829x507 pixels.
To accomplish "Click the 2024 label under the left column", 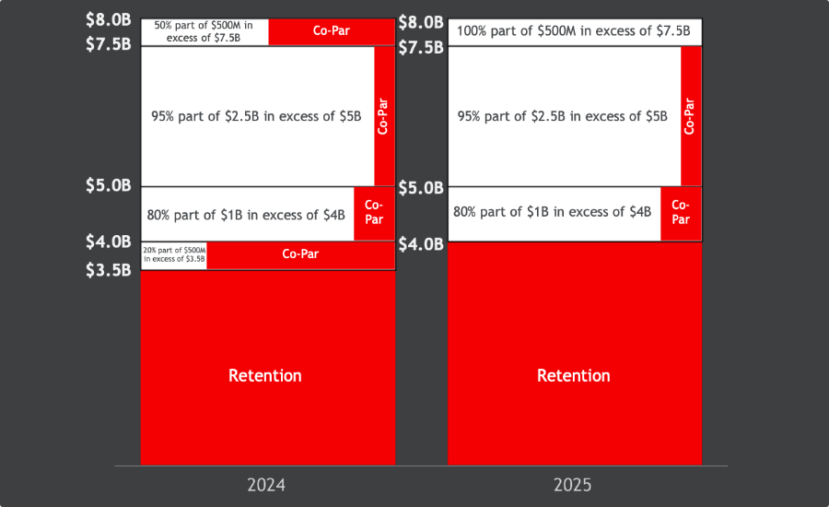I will click(265, 485).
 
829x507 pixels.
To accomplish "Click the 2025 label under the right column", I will click(574, 485).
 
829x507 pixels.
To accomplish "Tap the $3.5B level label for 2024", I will click(109, 270).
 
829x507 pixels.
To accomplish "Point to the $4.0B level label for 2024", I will click(109, 242).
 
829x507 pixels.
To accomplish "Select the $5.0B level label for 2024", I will click(109, 185).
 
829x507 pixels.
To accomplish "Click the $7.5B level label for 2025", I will click(421, 47).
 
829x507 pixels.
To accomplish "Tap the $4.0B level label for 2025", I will click(421, 244).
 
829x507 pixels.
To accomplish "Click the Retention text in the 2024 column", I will click(265, 375).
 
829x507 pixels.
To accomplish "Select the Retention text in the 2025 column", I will click(573, 375).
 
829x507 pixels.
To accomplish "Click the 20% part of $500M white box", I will click(174, 254).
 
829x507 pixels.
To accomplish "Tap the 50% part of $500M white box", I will click(204, 31).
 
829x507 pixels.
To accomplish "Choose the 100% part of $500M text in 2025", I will click(574, 30).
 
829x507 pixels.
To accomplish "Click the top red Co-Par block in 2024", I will click(332, 31).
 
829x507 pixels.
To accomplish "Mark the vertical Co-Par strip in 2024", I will click(384, 116).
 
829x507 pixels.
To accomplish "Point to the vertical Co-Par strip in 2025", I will click(691, 116).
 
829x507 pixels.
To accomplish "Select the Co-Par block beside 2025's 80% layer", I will click(681, 213).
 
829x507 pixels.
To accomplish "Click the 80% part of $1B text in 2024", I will click(246, 215).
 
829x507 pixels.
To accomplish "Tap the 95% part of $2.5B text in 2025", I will click(562, 116).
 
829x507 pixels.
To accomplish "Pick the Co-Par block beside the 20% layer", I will click(300, 253).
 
